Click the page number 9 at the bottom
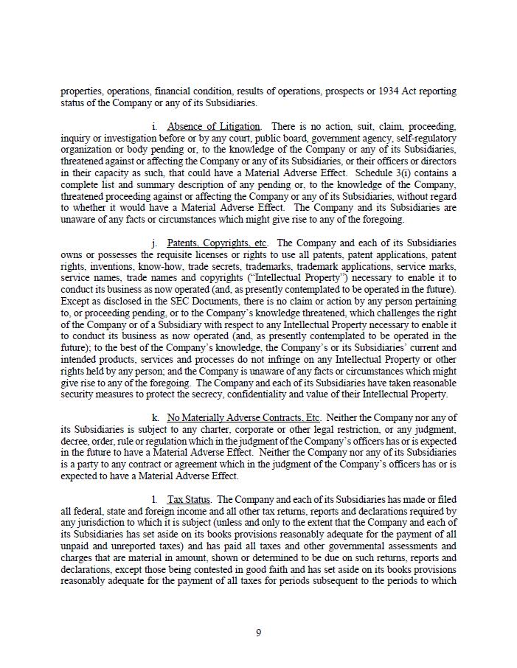point(258,633)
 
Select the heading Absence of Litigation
point(213,127)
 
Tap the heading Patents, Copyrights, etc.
point(217,243)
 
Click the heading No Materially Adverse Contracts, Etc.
point(243,418)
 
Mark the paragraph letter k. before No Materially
point(155,418)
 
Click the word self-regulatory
point(426,138)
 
